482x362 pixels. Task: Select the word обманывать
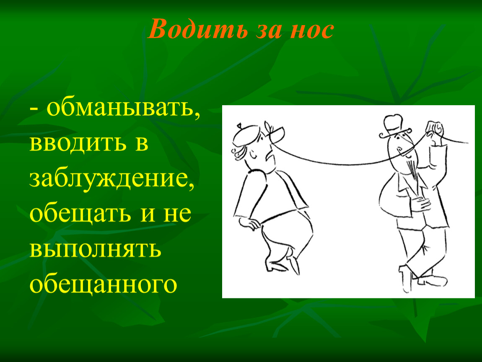coord(123,108)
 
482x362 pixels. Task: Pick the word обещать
coord(80,214)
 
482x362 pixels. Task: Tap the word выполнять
coord(95,249)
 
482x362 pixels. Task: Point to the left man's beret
coord(246,134)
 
